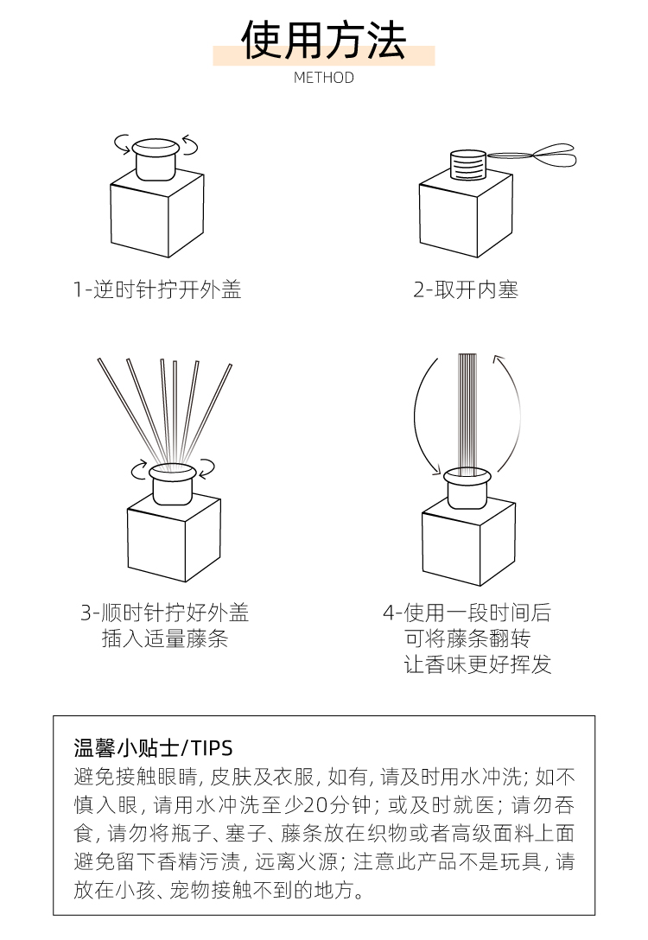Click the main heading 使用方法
[324, 40]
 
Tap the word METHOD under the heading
[324, 78]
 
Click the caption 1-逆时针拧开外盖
[157, 290]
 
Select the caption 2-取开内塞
[466, 290]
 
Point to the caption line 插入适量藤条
[165, 639]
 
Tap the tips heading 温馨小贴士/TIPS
[154, 748]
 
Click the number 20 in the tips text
[318, 804]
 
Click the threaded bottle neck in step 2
[467, 164]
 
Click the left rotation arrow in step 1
[123, 144]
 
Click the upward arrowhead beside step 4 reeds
[498, 360]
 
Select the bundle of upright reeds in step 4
[467, 410]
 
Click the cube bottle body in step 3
[174, 537]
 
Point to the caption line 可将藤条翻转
[468, 639]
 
